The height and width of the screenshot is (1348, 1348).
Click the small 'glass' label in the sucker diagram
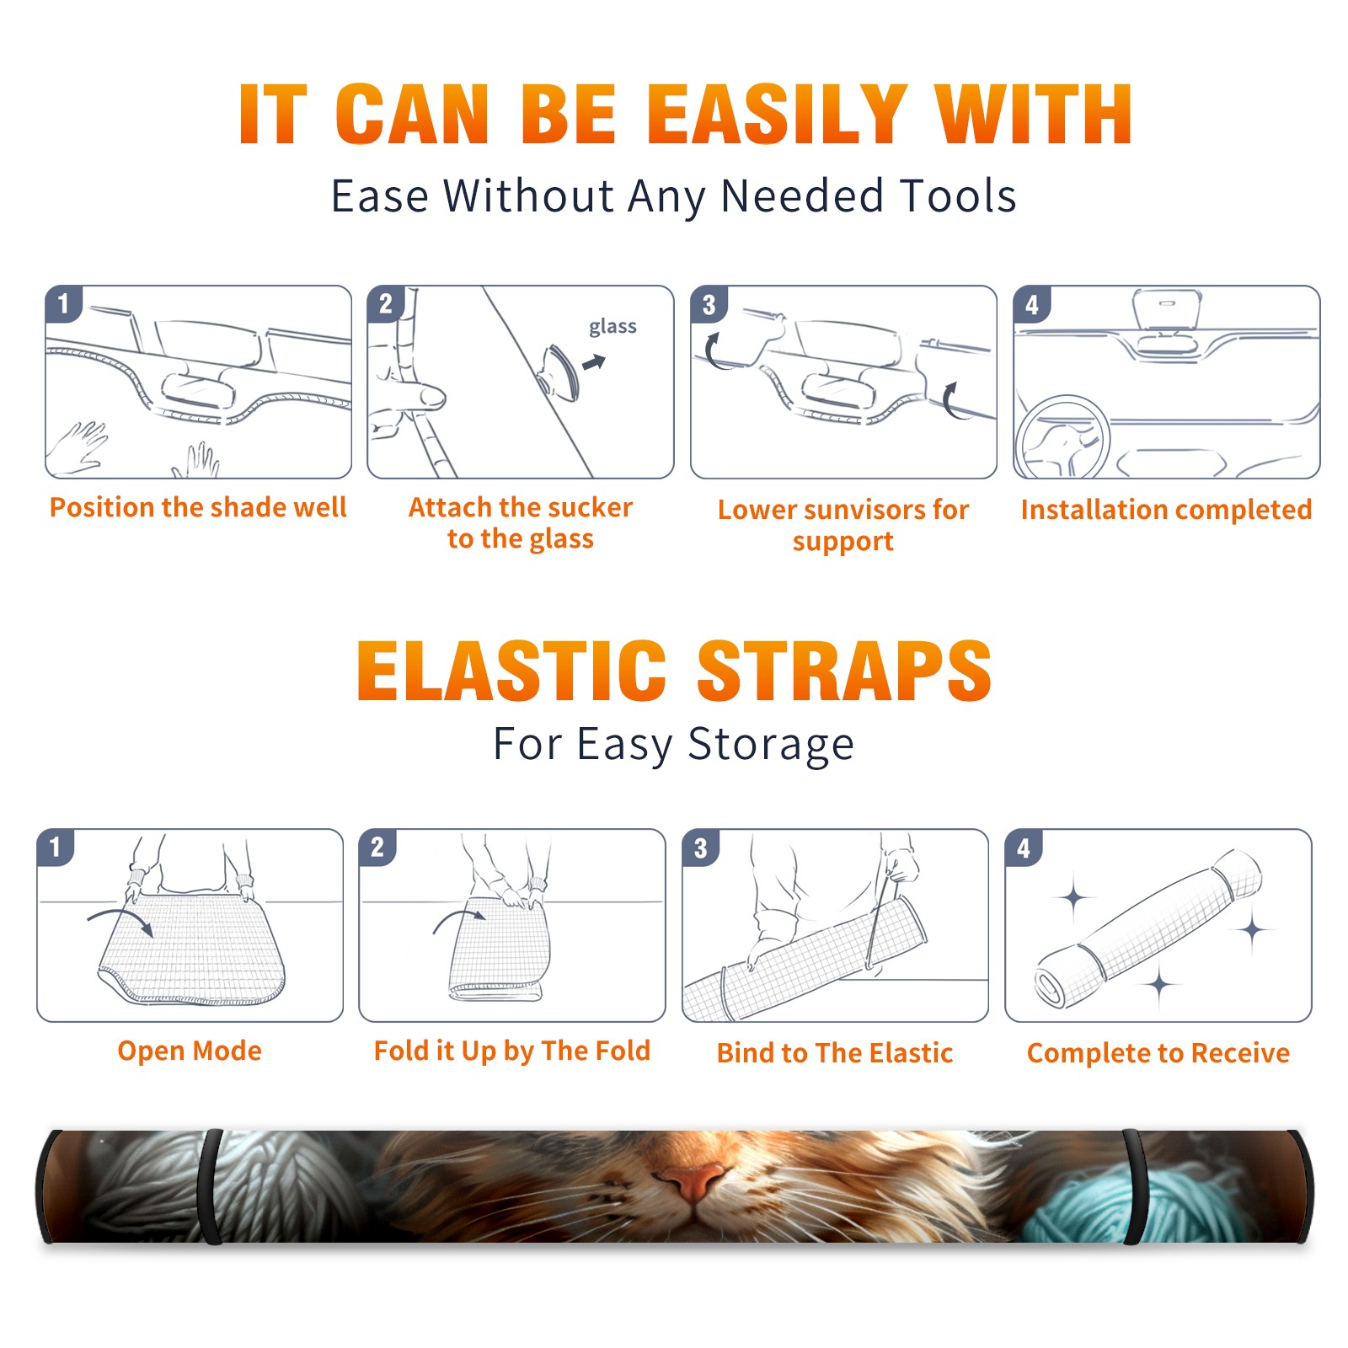tap(612, 327)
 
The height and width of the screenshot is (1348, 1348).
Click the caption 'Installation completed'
tap(1166, 509)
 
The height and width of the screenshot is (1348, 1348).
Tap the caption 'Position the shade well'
tap(198, 507)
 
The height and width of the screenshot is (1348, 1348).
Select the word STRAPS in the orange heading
tap(844, 671)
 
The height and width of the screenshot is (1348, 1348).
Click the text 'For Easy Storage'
tap(674, 745)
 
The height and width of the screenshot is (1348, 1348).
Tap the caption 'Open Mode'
tap(190, 1051)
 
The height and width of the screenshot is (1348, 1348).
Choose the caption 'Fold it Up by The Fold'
tap(512, 1051)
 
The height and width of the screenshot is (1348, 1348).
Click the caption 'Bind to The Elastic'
tap(835, 1053)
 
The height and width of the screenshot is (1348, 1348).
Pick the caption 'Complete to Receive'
tap(1158, 1053)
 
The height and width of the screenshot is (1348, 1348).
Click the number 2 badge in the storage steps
tap(377, 847)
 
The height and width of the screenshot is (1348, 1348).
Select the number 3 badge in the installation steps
tap(709, 304)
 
